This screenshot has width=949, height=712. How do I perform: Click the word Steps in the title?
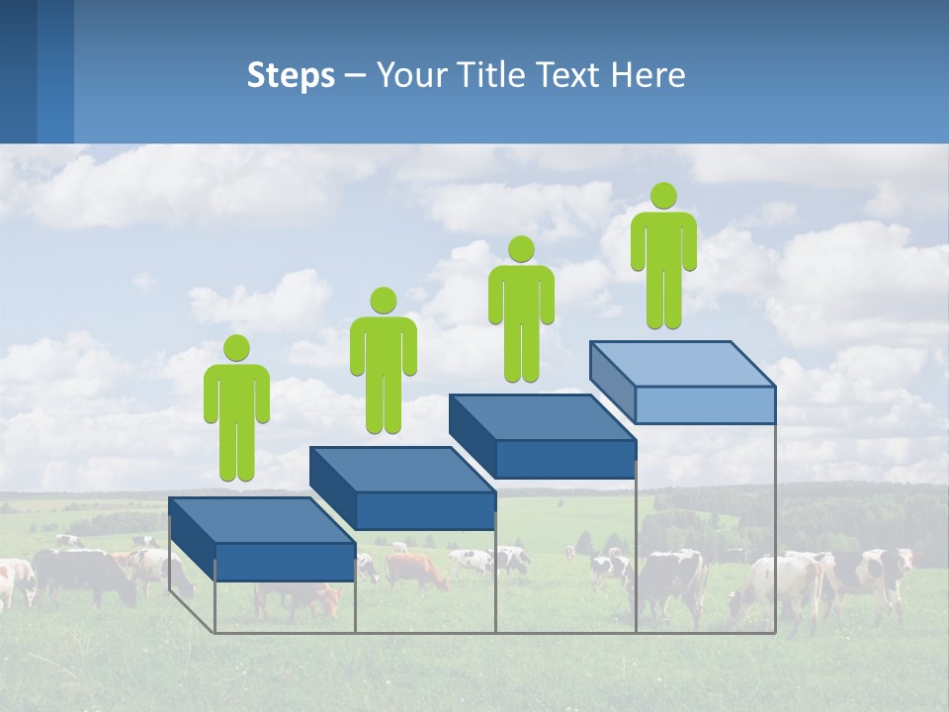coord(291,75)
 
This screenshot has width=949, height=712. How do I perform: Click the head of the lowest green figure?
coord(236,348)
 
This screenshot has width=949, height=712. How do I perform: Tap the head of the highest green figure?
coord(663,196)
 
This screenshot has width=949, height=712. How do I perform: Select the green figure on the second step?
coord(383,361)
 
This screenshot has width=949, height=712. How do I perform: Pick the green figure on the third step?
coord(521,309)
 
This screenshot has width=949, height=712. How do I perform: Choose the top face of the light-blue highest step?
coord(682,363)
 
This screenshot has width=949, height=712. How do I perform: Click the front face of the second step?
coord(425,510)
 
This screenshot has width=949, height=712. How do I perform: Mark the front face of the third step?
coord(565,459)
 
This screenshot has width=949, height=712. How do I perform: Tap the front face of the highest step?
coord(705,404)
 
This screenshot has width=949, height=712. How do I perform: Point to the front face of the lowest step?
coord(285,562)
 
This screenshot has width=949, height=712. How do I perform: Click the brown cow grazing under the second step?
coord(416,570)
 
